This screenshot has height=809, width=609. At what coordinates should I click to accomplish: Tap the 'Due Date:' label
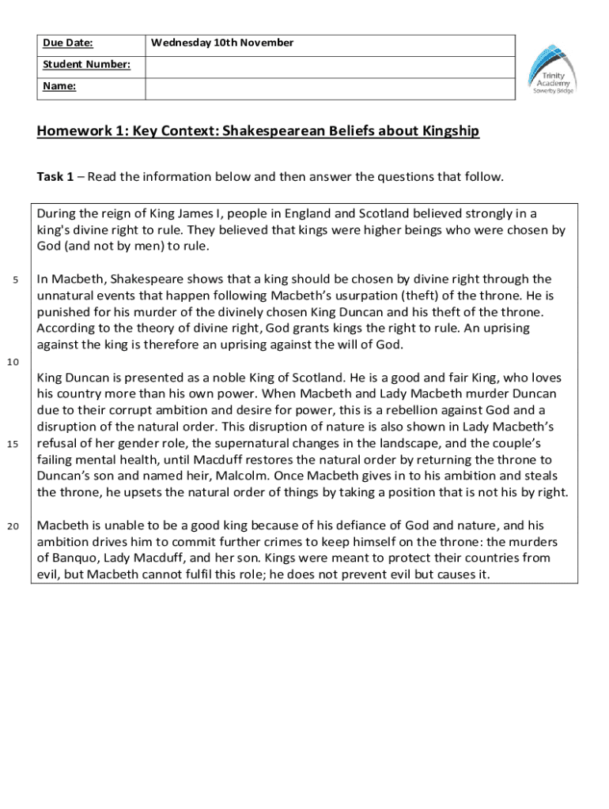click(67, 43)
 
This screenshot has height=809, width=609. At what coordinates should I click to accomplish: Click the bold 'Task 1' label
click(55, 176)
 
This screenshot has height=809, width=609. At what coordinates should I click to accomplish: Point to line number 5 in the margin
click(17, 280)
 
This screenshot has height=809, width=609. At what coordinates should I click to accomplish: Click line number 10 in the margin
click(13, 362)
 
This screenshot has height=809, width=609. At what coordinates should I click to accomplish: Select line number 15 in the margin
click(13, 443)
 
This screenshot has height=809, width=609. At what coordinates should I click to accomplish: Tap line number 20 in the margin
click(13, 525)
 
